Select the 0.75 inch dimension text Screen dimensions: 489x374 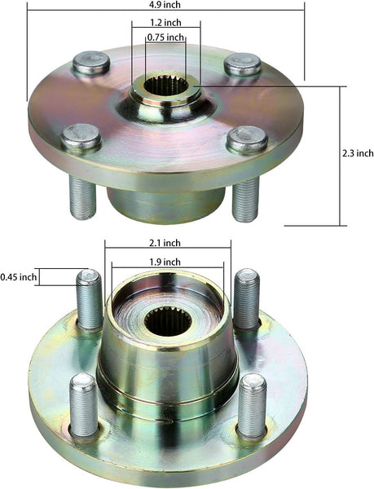(x=165, y=37)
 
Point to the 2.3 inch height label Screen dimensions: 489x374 (x=357, y=153)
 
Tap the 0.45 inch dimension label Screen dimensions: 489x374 (x=19, y=277)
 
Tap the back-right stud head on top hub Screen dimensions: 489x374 (x=243, y=64)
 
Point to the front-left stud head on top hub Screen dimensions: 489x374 (x=81, y=136)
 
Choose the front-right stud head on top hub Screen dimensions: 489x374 (x=247, y=139)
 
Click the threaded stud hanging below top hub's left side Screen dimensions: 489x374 (x=83, y=197)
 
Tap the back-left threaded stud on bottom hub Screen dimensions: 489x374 (x=90, y=299)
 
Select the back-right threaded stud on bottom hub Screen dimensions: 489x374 (x=246, y=298)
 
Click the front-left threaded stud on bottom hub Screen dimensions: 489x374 (x=83, y=404)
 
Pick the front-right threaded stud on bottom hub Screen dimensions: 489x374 (x=252, y=405)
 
